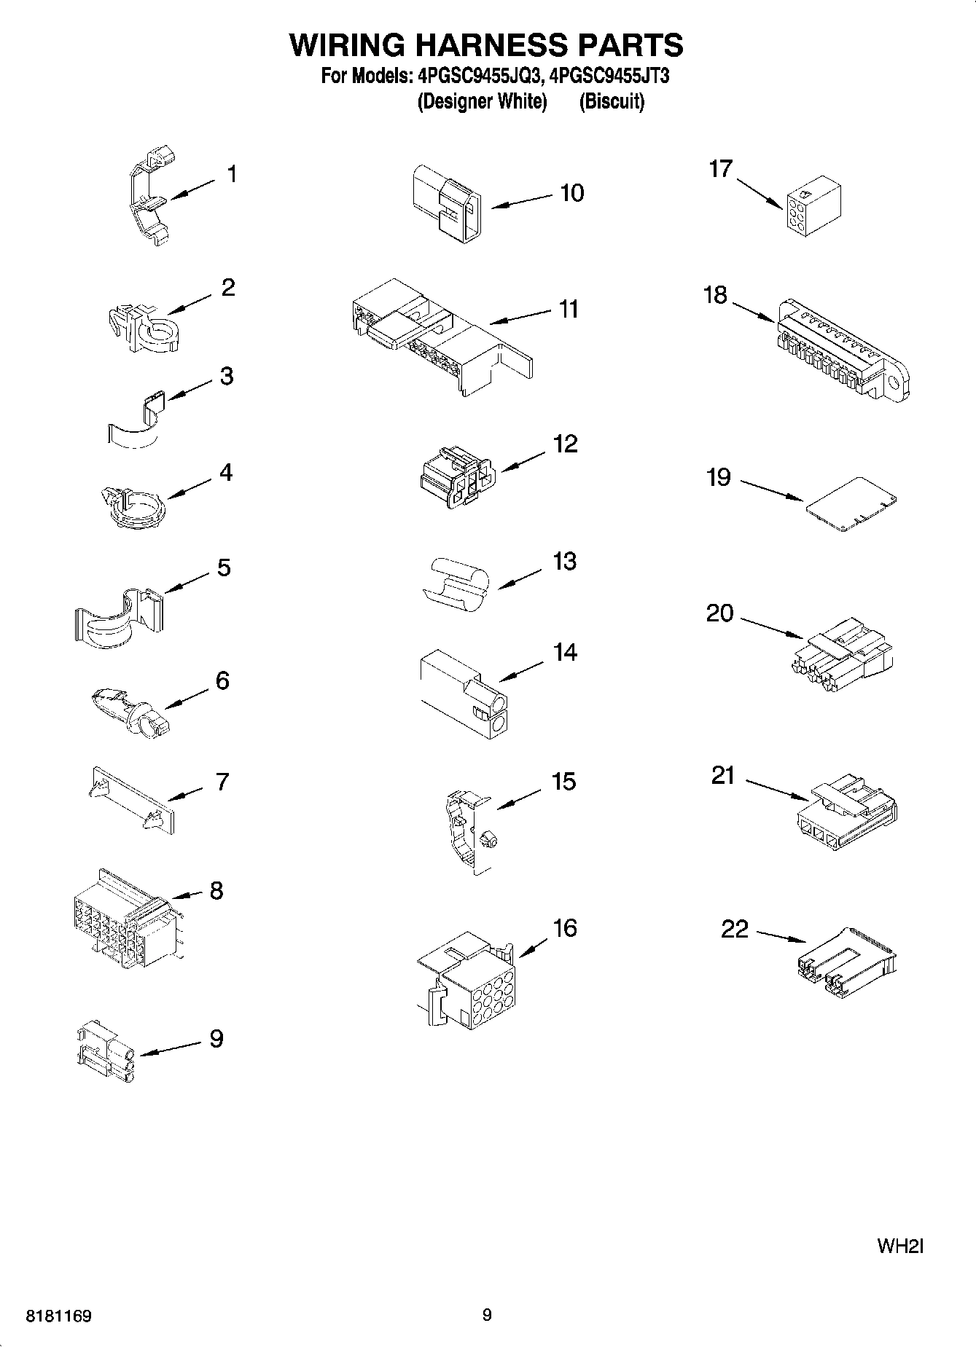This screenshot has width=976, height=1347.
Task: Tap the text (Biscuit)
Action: coord(612,101)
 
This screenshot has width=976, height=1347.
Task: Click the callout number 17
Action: coord(720,169)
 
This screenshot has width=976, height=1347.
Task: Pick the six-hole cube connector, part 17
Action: coord(813,208)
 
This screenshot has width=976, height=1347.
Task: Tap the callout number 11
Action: coord(569,309)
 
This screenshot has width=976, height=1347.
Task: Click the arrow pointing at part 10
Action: coord(522,202)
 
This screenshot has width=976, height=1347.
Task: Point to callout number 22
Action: coord(735,929)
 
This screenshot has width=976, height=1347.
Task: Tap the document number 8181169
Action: coord(58,1316)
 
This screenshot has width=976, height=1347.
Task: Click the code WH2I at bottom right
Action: coord(900,1246)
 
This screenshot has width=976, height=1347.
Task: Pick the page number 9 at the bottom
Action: coord(487,1315)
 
